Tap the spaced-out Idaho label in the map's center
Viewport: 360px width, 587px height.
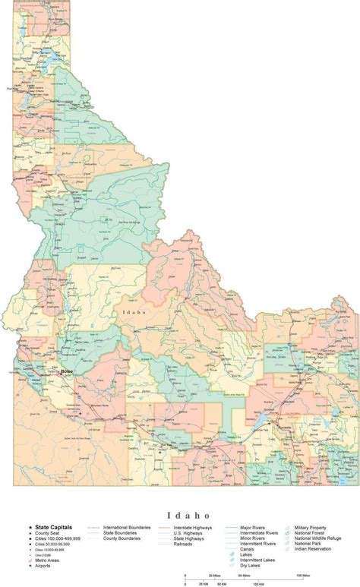point(134,312)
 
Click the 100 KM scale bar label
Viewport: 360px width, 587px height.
point(257,583)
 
